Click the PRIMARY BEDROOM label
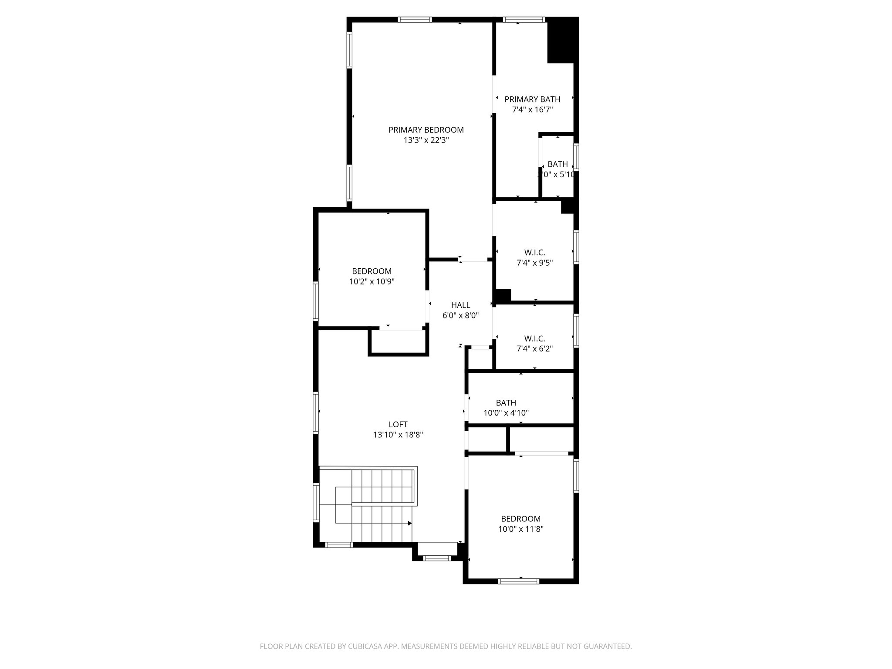point(426,130)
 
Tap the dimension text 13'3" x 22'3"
point(426,140)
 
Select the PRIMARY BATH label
point(532,99)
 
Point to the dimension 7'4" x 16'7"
point(532,110)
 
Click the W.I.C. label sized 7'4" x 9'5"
point(534,253)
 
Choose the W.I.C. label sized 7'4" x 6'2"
point(534,338)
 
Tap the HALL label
point(460,305)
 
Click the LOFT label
point(398,424)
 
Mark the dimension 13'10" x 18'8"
point(398,435)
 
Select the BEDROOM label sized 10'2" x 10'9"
point(372,271)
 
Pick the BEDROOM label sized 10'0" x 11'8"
point(520,519)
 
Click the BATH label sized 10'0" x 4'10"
point(506,403)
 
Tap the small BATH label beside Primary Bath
point(557,164)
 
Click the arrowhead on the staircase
point(409,523)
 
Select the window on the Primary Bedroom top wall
point(415,20)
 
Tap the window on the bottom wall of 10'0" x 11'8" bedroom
point(518,581)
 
